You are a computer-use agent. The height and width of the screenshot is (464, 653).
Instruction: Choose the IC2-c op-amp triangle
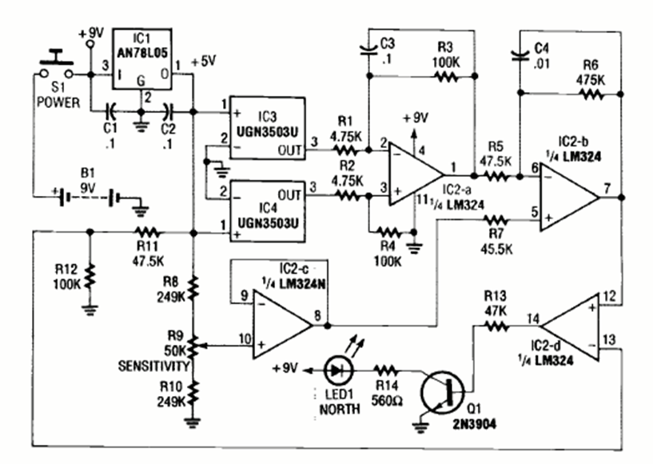(x=281, y=323)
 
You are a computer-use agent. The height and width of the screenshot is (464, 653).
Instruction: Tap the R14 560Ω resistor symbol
(x=387, y=370)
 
